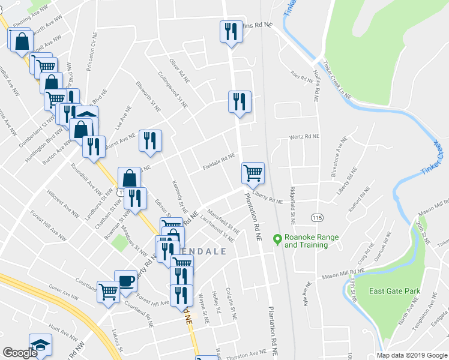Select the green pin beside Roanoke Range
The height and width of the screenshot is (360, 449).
pyautogui.click(x=277, y=239)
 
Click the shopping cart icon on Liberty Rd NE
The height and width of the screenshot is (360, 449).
pyautogui.click(x=253, y=173)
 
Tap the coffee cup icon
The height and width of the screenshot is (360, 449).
pyautogui.click(x=125, y=281)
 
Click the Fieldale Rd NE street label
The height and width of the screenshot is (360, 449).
pyautogui.click(x=218, y=161)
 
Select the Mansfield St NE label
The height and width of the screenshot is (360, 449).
pyautogui.click(x=223, y=220)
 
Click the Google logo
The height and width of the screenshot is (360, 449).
pyautogui.click(x=20, y=352)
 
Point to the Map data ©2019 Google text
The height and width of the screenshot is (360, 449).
pyautogui.click(x=412, y=355)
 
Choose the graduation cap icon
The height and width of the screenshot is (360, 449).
pyautogui.click(x=40, y=344)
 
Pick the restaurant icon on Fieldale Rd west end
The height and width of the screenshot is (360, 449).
pyautogui.click(x=150, y=140)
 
